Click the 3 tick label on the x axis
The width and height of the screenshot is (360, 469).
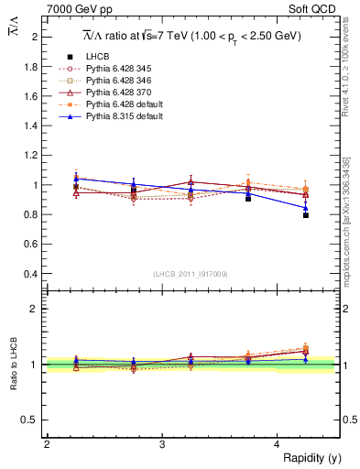(162, 444)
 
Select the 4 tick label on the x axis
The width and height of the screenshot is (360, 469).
(278, 444)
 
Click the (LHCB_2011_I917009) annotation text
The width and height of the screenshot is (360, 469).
(191, 273)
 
